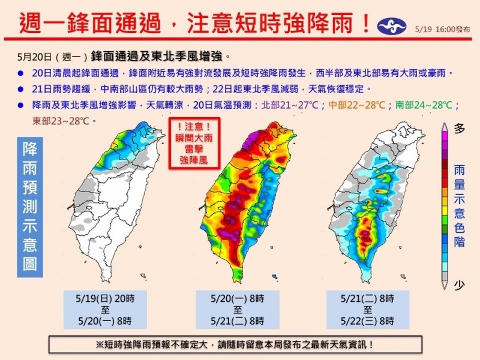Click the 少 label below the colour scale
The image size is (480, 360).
[460, 286]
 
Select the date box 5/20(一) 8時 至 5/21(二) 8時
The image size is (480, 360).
[238, 309]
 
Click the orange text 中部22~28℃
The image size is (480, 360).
[355, 105]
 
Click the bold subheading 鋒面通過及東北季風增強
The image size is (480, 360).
[160, 57]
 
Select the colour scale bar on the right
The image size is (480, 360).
[445, 204]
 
